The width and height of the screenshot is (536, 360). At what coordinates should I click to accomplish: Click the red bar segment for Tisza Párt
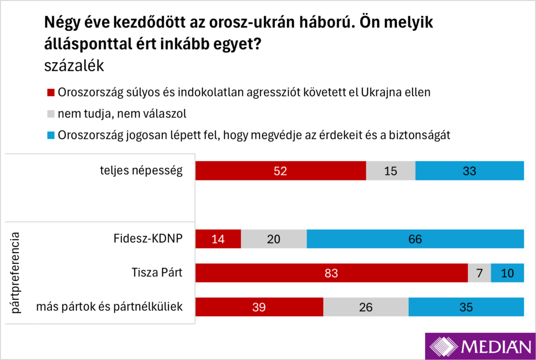coord(331,273)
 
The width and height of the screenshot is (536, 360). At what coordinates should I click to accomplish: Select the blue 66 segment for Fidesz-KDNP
coord(415,239)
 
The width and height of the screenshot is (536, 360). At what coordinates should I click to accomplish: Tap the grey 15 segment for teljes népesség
coord(390,171)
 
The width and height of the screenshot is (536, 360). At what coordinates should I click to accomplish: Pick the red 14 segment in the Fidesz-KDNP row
coord(218,239)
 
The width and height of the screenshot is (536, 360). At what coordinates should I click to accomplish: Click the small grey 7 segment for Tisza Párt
coord(479,273)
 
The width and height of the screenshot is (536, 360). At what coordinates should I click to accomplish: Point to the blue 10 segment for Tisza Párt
coord(507,273)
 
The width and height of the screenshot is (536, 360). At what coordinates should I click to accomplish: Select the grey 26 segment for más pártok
coord(365,307)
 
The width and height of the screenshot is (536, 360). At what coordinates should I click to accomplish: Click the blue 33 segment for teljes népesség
coord(470,171)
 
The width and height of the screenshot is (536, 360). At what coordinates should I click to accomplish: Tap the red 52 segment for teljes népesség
coord(281,171)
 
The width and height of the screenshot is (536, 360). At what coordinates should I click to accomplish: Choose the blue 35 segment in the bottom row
coord(466,307)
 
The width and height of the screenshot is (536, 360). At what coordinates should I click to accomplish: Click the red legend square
coord(51,93)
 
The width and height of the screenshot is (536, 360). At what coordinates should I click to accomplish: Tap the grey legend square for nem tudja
coord(51,114)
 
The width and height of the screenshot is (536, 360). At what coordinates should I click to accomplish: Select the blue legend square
coord(51,134)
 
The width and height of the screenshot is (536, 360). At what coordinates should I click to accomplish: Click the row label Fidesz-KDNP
coord(148,239)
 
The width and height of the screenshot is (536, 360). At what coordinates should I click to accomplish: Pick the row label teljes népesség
coord(141,171)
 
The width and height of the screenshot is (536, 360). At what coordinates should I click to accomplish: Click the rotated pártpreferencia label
coord(16,273)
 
